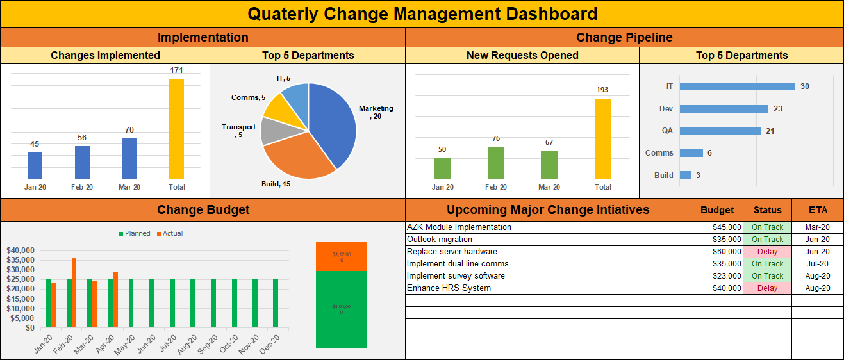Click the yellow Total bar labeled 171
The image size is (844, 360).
[176, 129]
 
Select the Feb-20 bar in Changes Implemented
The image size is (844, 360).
[82, 163]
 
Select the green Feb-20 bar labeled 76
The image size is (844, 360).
[495, 163]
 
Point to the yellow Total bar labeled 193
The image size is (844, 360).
[602, 138]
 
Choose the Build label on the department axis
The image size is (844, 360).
[663, 175]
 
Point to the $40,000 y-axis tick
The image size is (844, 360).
[20, 250]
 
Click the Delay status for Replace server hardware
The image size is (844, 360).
[767, 252]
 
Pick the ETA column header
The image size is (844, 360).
[818, 209]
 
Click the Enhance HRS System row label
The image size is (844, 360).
[449, 288]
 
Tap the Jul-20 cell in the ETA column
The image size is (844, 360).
[818, 264]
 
